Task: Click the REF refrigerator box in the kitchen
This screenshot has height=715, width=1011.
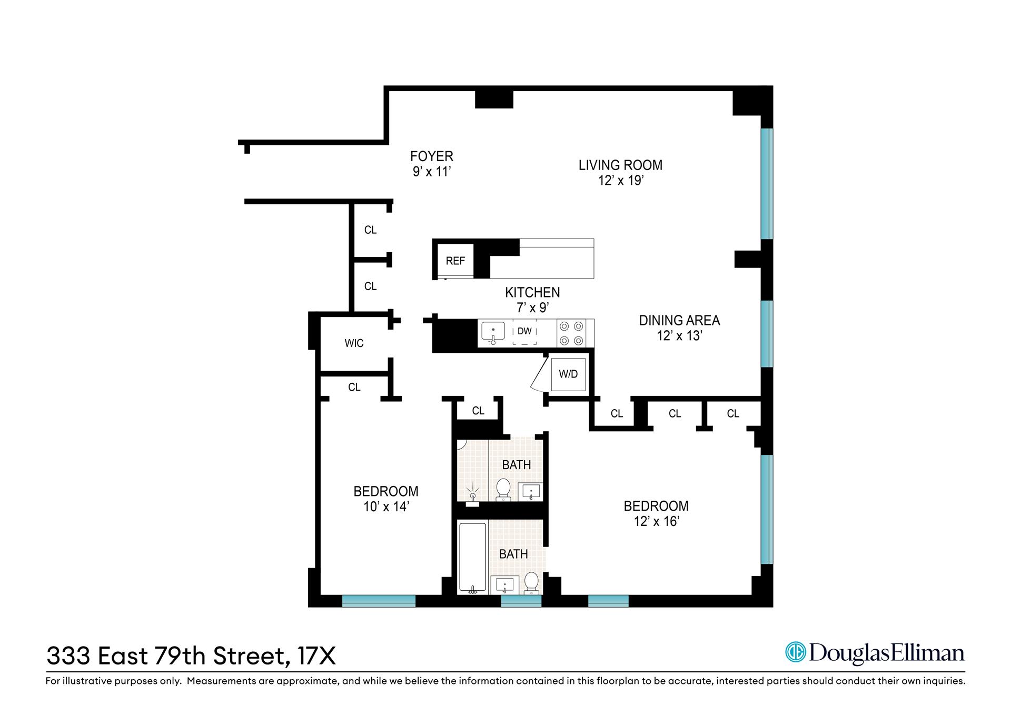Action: pos(455,261)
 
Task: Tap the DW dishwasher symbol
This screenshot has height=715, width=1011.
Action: pos(524,332)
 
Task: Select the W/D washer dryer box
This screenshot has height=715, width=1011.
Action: pos(568,374)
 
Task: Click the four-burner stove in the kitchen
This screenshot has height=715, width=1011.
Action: pos(572,333)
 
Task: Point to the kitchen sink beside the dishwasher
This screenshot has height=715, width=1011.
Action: pos(493,332)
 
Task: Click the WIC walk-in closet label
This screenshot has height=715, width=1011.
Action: pos(354,343)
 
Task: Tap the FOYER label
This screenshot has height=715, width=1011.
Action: pos(432,156)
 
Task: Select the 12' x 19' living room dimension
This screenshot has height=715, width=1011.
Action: pos(621,181)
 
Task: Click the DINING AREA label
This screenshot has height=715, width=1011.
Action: pos(679,320)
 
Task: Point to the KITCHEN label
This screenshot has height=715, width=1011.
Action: pos(532,292)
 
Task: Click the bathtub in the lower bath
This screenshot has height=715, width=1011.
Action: pos(472,557)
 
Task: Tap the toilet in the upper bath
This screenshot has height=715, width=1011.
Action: pos(503,489)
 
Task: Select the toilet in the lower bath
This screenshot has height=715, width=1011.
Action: pos(531,582)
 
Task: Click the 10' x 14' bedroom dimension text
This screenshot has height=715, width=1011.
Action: pos(386,507)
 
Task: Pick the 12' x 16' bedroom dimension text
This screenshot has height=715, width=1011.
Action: pos(656,521)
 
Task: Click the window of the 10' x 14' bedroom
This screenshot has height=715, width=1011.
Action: pos(379,601)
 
